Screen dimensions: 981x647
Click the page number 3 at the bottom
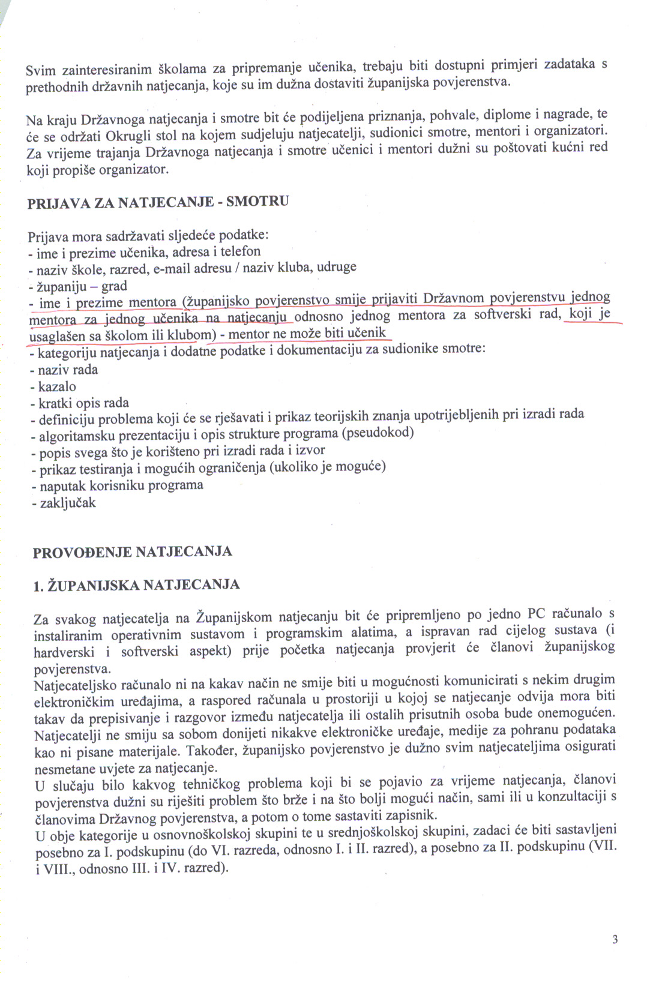click(x=615, y=940)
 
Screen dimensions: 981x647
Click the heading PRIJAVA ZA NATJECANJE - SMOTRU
click(x=158, y=202)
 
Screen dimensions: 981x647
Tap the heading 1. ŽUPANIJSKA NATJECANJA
click(x=137, y=585)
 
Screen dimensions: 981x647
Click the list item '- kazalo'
click(x=53, y=386)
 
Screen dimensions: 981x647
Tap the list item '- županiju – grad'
click(x=77, y=286)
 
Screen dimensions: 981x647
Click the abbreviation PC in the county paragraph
click(x=536, y=613)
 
